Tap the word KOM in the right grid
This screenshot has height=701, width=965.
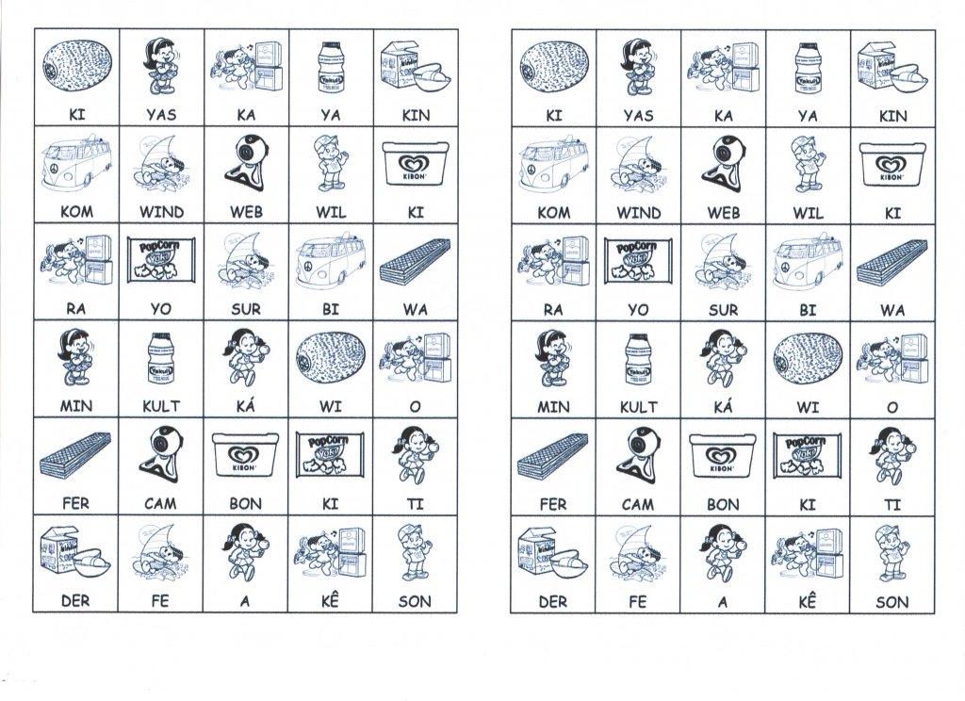click(x=553, y=213)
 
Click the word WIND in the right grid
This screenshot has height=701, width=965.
click(x=638, y=213)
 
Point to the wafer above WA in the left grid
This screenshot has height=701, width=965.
click(x=416, y=262)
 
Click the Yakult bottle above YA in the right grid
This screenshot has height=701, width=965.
click(x=807, y=64)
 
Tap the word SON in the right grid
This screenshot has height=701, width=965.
click(x=892, y=601)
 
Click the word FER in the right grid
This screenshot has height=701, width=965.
click(x=553, y=504)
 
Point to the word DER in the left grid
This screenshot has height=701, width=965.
click(x=75, y=601)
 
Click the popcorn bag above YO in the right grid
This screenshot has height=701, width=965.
click(x=638, y=259)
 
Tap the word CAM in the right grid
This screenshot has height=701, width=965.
click(x=638, y=504)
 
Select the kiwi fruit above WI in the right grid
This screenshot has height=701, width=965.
click(x=807, y=357)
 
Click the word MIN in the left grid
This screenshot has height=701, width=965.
click(x=75, y=408)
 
